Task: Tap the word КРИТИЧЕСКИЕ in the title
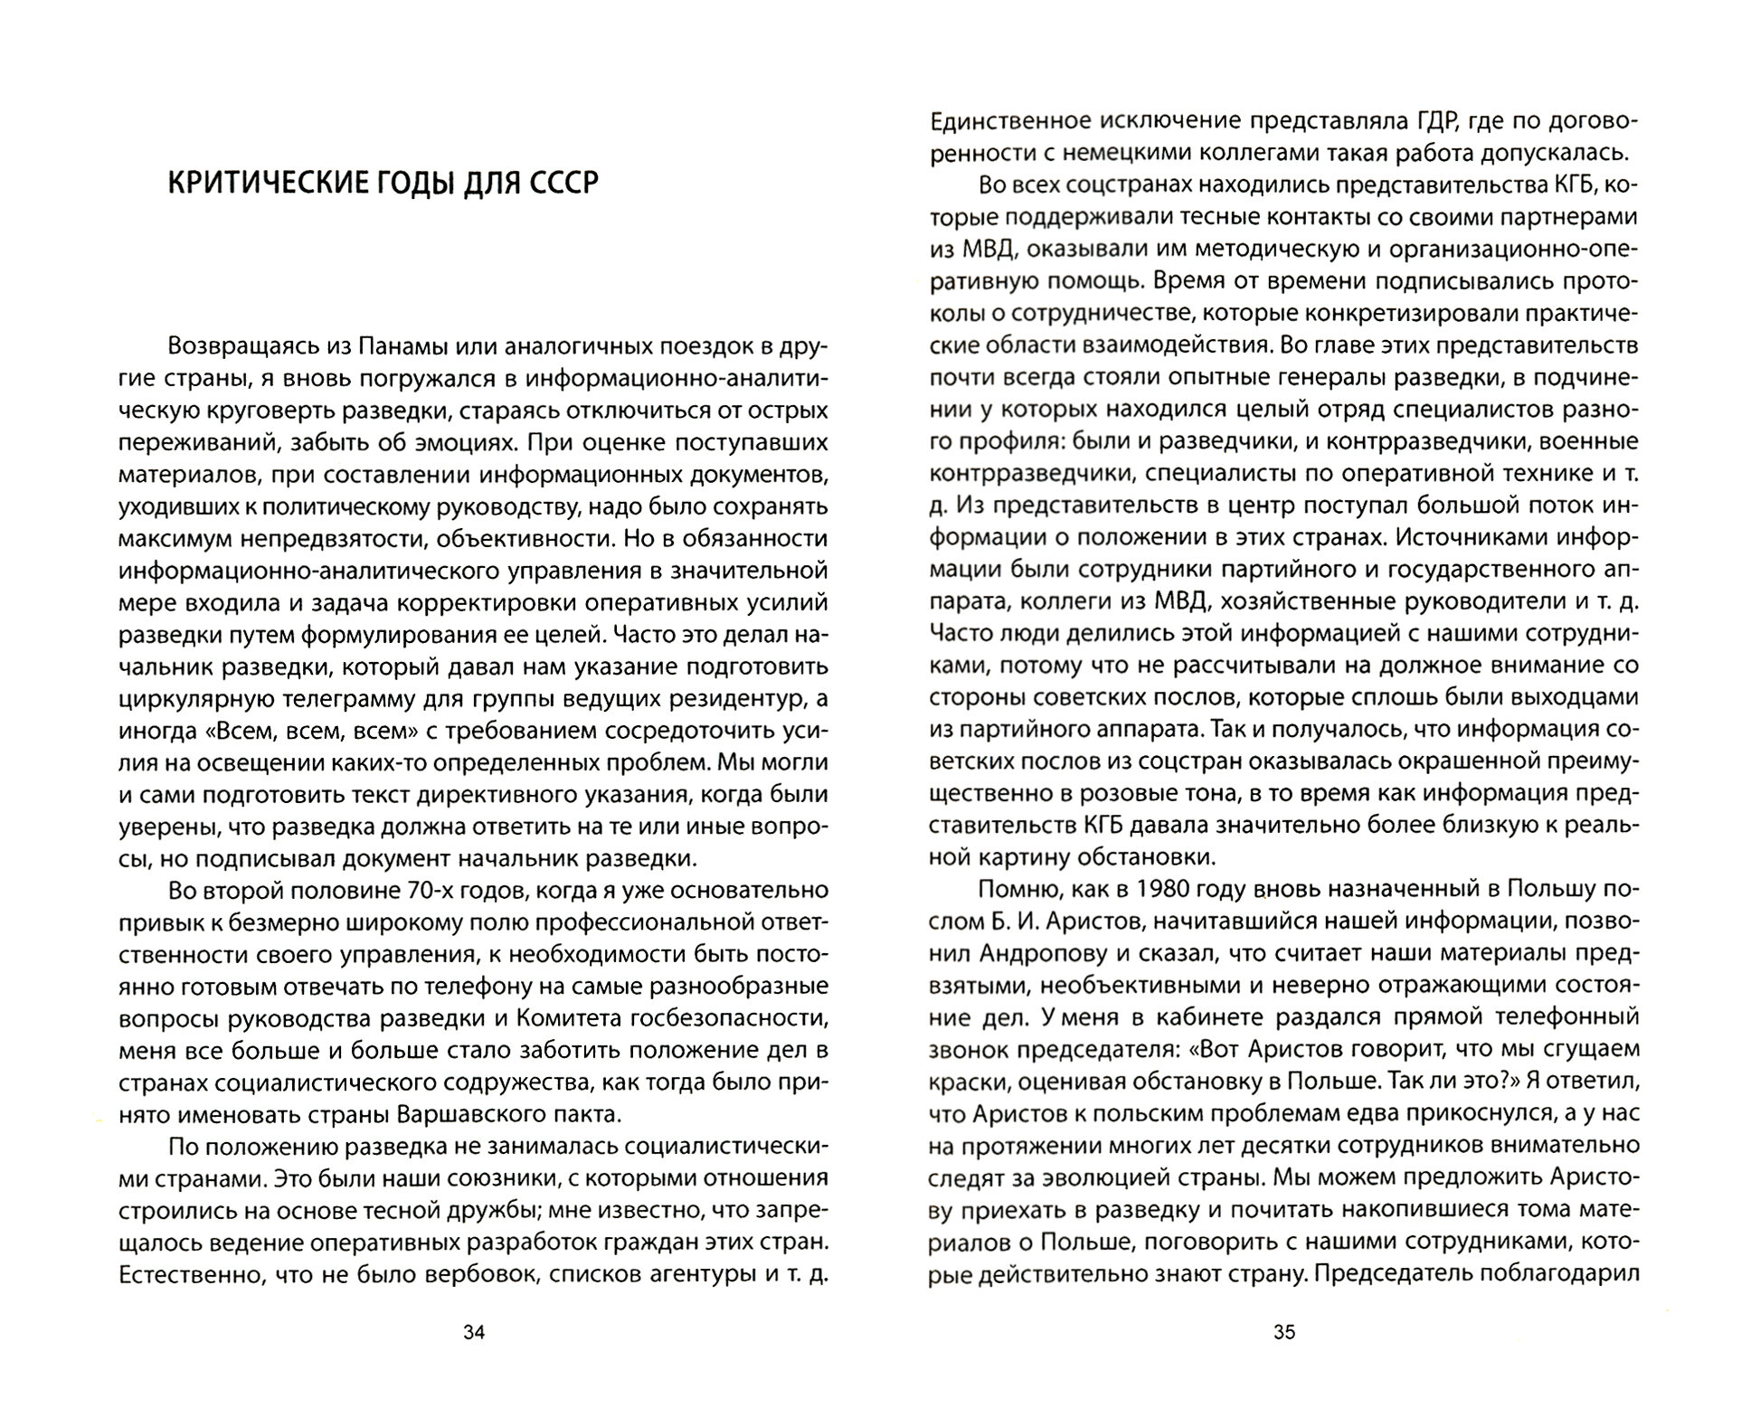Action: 257,184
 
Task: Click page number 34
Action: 474,1331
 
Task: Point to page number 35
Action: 1284,1331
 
